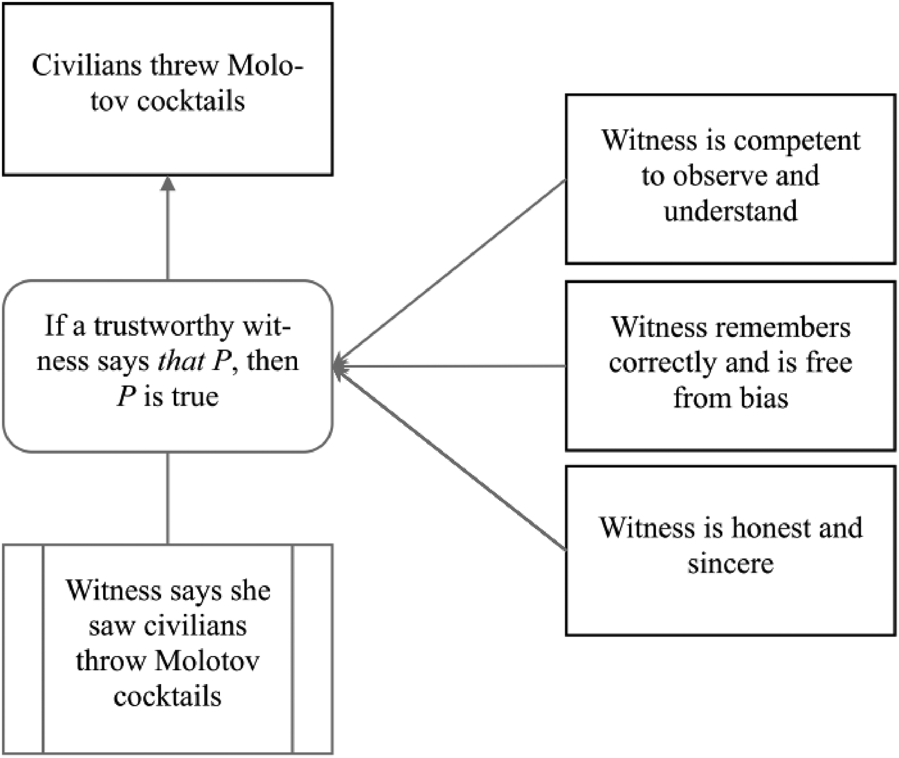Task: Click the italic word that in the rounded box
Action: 181,361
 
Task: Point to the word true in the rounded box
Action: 195,397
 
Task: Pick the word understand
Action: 731,210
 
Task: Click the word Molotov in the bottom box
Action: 207,661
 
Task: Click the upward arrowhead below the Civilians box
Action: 168,183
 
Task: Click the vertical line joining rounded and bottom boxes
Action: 168,498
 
